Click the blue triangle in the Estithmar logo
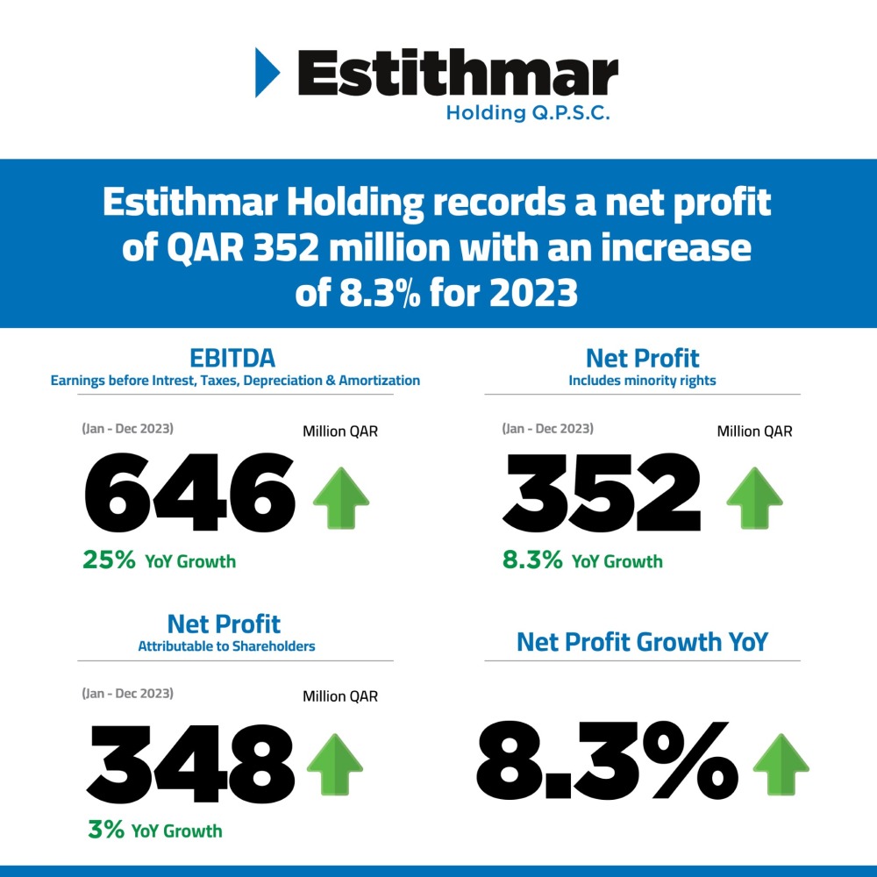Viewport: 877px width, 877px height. [266, 73]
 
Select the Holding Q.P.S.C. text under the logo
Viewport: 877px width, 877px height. [528, 113]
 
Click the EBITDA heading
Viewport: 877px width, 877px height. [232, 358]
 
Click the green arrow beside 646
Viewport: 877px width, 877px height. [340, 496]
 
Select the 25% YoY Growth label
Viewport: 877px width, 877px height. [159, 560]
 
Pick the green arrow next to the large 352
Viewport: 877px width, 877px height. [754, 496]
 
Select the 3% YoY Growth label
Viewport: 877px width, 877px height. [154, 830]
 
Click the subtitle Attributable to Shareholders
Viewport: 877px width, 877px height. [226, 646]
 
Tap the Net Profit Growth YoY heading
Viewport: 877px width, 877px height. [642, 642]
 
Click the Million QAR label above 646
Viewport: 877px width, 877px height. [340, 431]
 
